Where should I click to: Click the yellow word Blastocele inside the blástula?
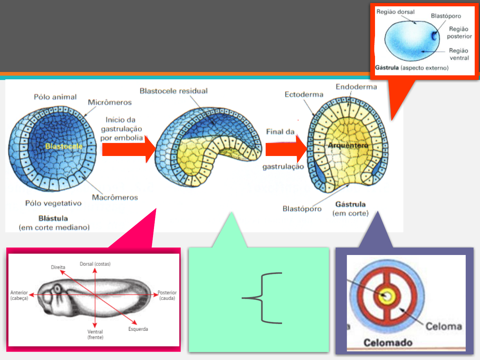[63, 146]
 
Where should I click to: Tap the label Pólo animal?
[55, 97]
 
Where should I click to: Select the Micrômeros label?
[110, 102]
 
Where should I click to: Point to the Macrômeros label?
[115, 197]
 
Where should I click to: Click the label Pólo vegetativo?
[53, 203]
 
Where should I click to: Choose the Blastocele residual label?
[173, 91]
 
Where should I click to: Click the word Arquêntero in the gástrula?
[348, 145]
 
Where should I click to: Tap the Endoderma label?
[356, 87]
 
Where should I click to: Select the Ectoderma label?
[304, 95]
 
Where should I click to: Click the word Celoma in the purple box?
[444, 326]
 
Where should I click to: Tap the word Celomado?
[388, 343]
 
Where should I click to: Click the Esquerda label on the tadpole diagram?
[138, 329]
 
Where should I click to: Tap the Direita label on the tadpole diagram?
[58, 267]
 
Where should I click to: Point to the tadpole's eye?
[57, 288]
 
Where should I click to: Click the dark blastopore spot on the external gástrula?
[434, 35]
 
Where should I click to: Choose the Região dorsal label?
[395, 12]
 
